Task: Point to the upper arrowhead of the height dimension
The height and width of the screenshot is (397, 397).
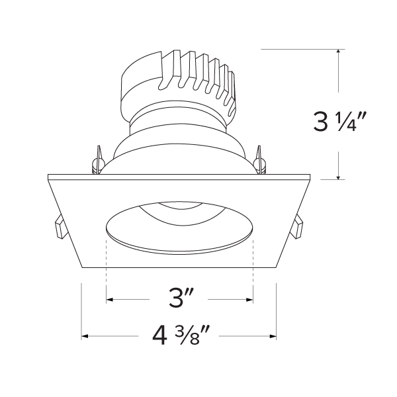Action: pos(338,52)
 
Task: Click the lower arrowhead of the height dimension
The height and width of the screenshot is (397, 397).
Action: pos(338,177)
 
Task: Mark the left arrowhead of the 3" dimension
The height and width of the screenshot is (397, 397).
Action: pos(110,300)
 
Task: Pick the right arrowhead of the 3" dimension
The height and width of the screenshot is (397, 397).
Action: pos(250,300)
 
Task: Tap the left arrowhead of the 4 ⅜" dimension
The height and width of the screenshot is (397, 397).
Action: pos(85,336)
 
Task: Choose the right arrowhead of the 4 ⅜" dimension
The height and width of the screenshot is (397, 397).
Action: pos(273,336)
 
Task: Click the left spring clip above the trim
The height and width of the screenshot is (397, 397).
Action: pos(97,161)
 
